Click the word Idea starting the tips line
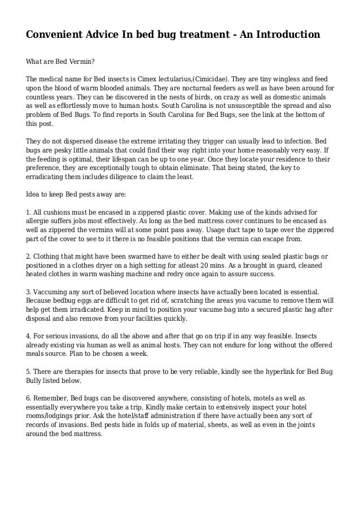click(x=34, y=194)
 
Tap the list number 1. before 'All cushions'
click(x=30, y=211)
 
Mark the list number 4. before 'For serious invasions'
click(x=30, y=335)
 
